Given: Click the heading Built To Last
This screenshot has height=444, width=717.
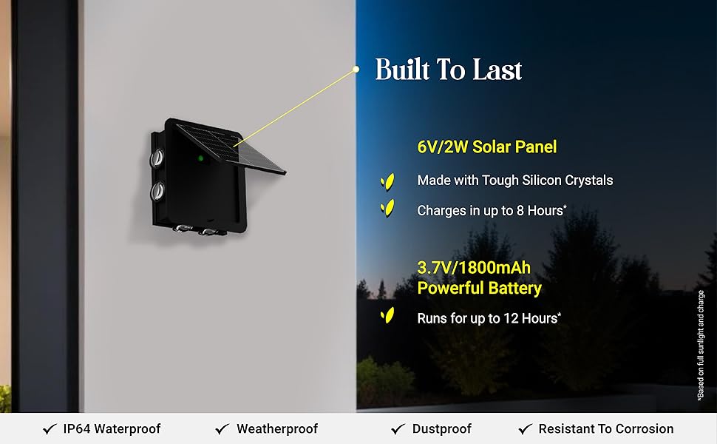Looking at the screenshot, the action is coord(448,70).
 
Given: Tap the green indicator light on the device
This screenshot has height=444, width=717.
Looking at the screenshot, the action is coord(201,158).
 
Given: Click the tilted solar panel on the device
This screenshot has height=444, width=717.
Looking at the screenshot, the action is coord(231,148).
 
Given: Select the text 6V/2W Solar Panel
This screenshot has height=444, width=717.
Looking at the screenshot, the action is coord(487,147).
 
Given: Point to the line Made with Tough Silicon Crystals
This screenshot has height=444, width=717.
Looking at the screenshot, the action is coord(515,181).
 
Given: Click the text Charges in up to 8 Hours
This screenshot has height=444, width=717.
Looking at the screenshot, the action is coord(492,211).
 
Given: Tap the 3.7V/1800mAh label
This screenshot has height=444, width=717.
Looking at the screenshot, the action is coord(474,268).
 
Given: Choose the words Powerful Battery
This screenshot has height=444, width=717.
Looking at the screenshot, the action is coord(479,289).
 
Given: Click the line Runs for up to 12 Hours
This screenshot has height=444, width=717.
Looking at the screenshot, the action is coord(489,318).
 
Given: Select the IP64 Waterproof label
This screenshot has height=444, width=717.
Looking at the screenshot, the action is coord(112,429).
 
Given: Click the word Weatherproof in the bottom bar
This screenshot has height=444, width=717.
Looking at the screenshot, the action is coord(277,429).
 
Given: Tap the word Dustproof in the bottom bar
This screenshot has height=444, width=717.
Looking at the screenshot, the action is coord(442,429).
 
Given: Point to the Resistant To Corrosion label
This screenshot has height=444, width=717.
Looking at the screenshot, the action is coord(606,429).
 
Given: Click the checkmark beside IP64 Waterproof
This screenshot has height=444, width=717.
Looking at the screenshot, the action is coord(50,429).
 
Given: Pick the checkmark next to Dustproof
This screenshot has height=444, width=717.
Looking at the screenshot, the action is coord(398,429).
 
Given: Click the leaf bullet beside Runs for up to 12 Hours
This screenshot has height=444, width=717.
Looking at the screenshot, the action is coord(388,315).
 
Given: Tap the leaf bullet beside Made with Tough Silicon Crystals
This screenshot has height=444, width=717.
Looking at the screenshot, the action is coord(388,182).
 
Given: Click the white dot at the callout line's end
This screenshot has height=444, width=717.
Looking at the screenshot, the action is coord(356,70).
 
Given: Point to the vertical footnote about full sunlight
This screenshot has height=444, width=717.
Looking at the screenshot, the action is coord(701,346).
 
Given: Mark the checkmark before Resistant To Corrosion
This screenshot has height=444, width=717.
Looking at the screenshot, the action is coord(526,429).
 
